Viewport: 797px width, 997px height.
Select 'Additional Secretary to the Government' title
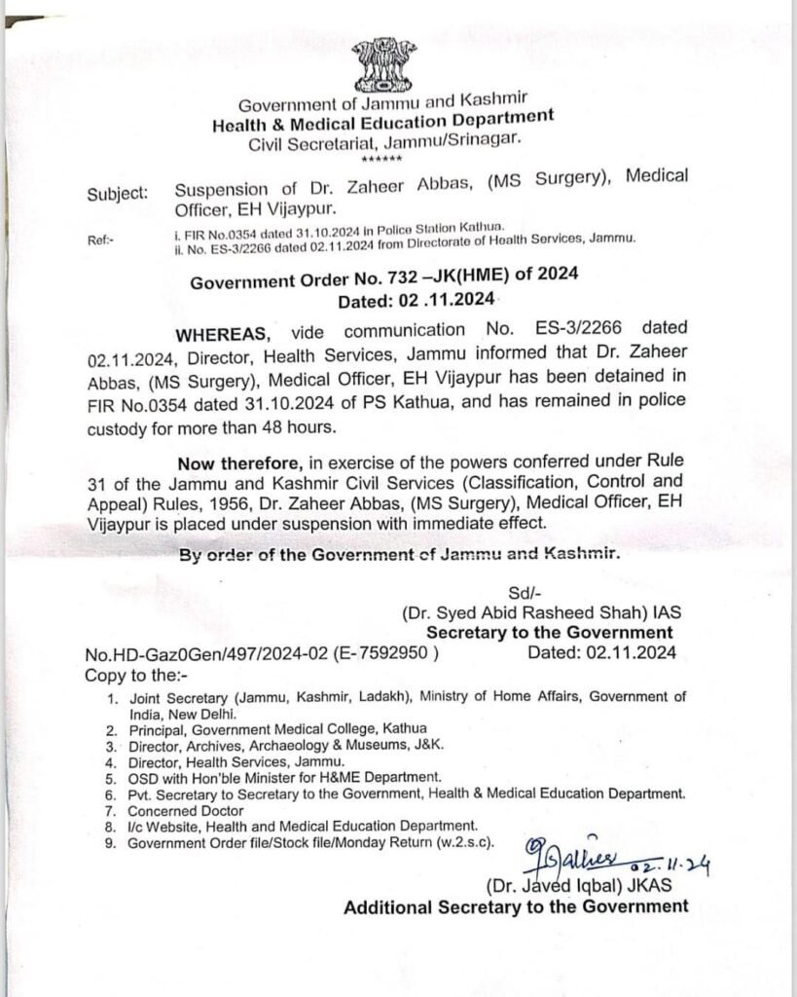(x=516, y=906)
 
